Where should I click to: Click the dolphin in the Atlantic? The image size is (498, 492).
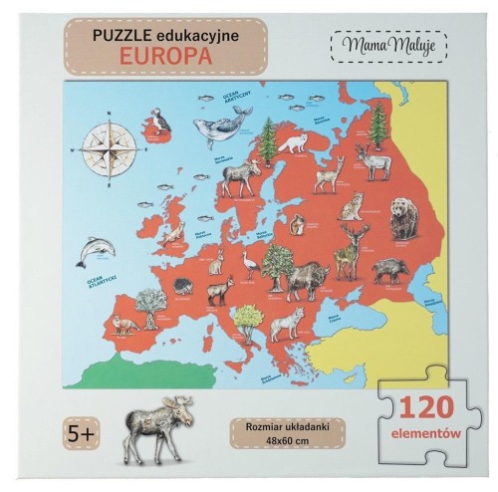[x=94, y=248]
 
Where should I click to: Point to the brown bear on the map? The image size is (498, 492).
[x=403, y=218]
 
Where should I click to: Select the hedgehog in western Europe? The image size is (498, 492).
[x=183, y=285]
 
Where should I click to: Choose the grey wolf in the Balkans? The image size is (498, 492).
[x=287, y=321]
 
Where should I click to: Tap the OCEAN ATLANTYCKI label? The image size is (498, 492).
[x=98, y=278]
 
